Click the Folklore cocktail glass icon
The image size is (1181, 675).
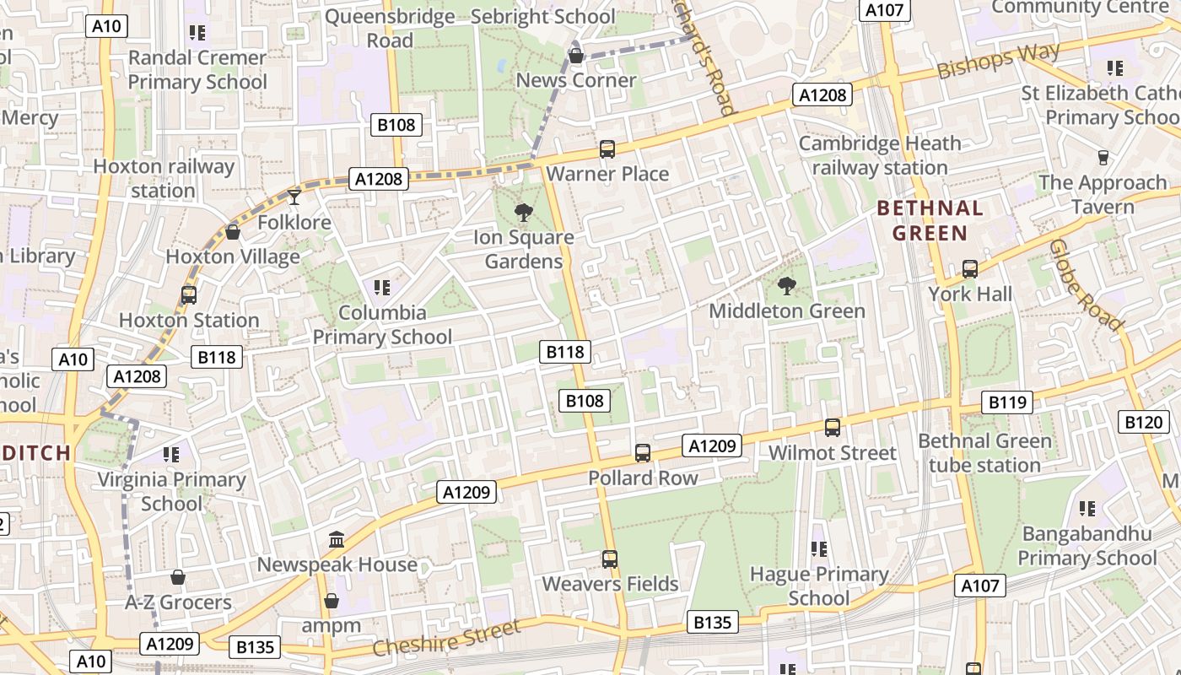click(x=294, y=197)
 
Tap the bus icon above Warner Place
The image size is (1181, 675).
click(x=607, y=150)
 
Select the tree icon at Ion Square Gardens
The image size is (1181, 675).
click(x=523, y=213)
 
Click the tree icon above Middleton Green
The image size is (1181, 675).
click(x=786, y=286)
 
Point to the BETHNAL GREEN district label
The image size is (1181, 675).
click(x=930, y=220)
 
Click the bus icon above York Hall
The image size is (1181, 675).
click(x=970, y=269)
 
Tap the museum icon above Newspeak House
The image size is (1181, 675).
click(x=337, y=539)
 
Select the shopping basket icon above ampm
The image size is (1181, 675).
click(x=332, y=601)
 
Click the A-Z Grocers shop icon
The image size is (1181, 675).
click(x=177, y=577)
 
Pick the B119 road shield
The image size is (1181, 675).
click(x=1007, y=402)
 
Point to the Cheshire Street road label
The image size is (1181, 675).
click(x=446, y=639)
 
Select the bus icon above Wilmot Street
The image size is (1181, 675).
click(x=833, y=428)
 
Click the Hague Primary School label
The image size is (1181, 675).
click(x=819, y=586)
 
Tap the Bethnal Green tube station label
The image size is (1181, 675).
click(x=984, y=453)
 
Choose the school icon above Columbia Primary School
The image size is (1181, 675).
click(x=382, y=288)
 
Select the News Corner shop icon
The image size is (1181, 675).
click(x=575, y=57)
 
